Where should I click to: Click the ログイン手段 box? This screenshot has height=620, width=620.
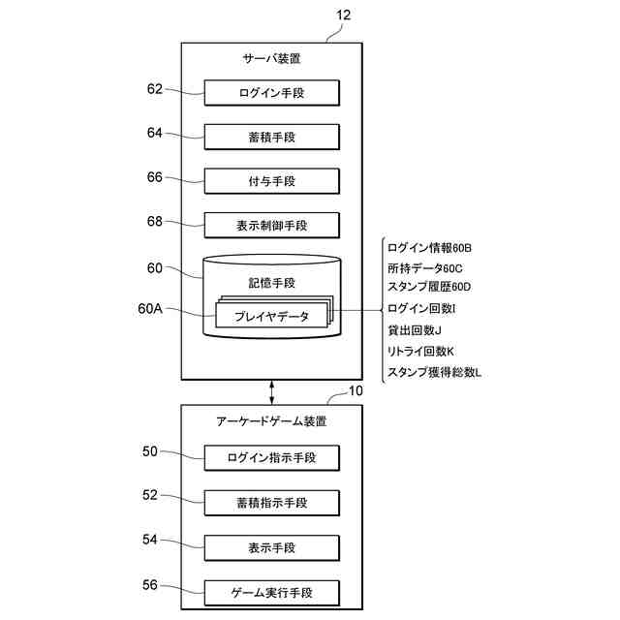coord(271,92)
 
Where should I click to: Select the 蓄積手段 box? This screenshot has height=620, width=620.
coord(271,137)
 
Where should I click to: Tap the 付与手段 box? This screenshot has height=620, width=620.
coord(271,181)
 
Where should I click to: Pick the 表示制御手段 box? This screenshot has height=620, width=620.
coord(271,226)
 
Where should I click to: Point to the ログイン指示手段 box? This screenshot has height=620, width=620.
coord(271,457)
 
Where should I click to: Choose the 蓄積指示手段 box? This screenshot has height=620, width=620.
coord(271,502)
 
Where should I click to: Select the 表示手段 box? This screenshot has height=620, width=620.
coord(271,547)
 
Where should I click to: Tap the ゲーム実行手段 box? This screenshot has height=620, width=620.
coord(271,591)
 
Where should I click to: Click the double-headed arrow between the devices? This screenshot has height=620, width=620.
coord(271,391)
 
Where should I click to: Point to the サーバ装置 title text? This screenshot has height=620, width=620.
coord(271,59)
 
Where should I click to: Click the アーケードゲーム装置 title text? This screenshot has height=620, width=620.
coord(271,421)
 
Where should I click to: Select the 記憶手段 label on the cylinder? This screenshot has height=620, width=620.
coord(271,283)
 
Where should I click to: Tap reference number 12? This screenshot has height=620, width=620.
coord(344,15)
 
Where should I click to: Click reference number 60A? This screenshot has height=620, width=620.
coord(150,310)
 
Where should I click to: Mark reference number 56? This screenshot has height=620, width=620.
coord(150,584)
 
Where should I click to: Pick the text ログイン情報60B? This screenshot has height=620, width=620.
coord(429,247)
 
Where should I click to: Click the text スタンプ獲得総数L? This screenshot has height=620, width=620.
coord(434,372)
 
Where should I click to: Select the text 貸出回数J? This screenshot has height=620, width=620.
coord(415,330)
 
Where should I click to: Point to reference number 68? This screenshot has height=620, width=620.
coord(155,221)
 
